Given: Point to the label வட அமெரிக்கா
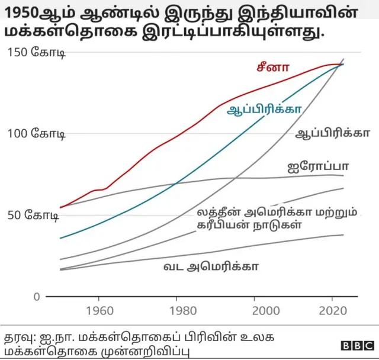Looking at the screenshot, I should (x=210, y=266).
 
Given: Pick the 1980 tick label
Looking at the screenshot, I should (x=177, y=311).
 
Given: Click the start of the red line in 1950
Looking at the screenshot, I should (x=60, y=207).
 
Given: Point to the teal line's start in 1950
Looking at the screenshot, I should (x=60, y=238).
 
